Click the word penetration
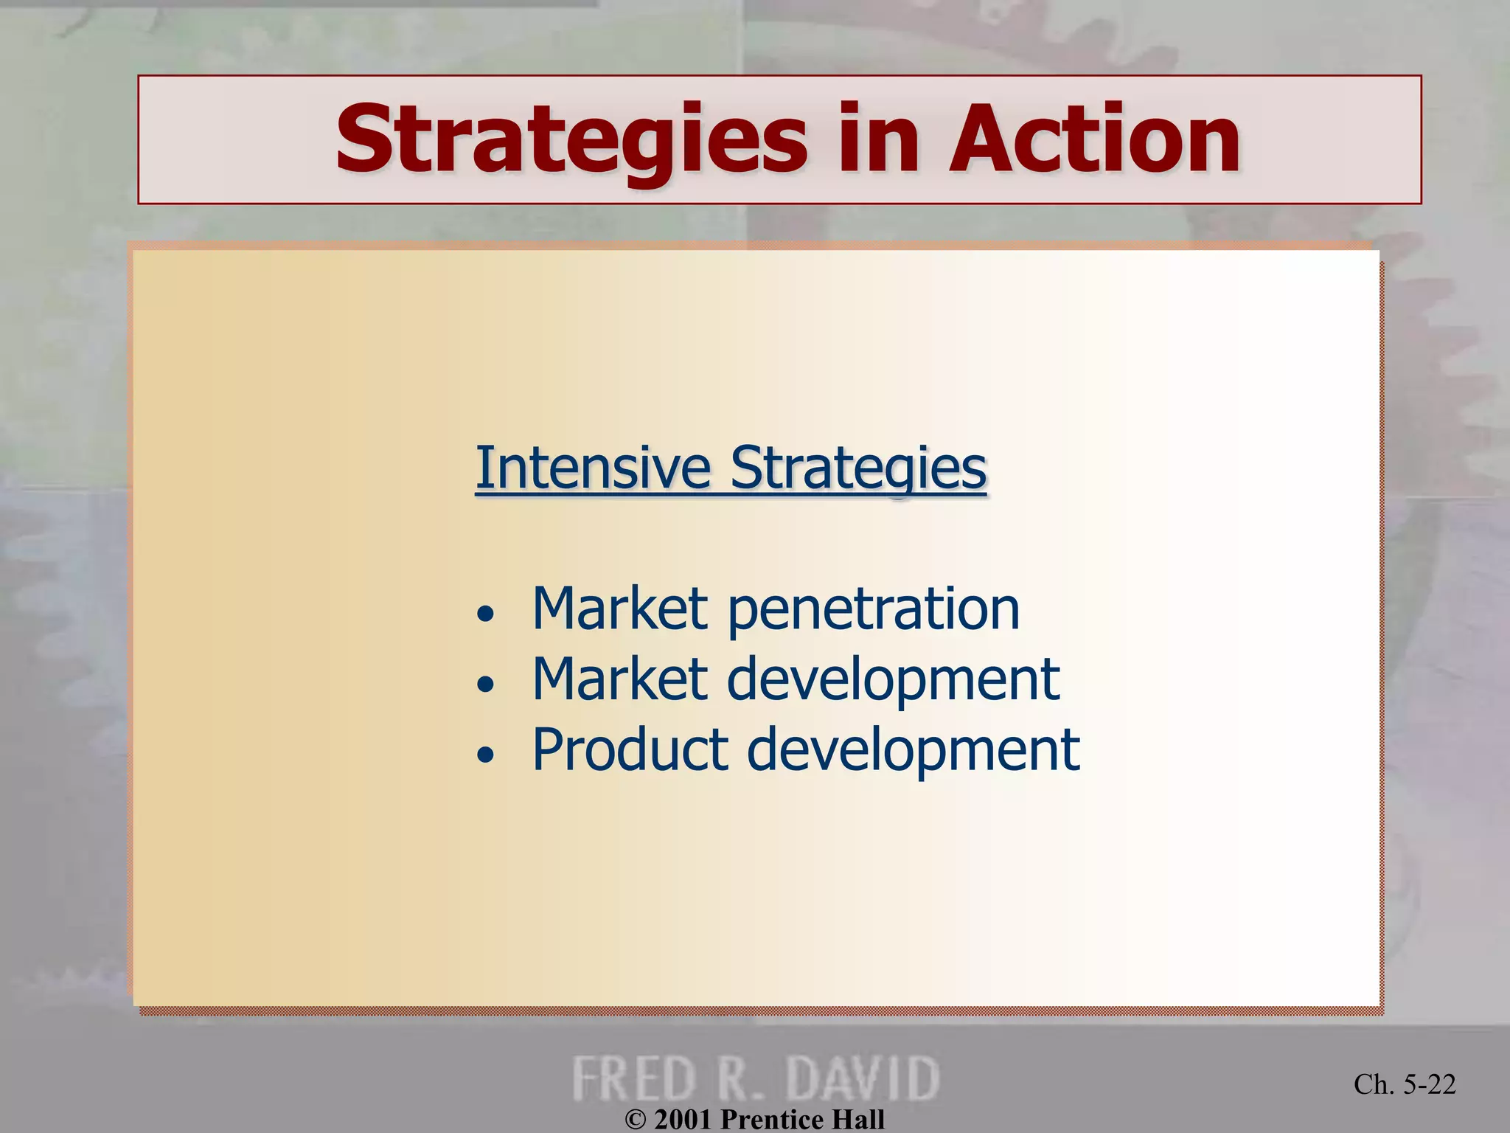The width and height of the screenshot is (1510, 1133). (874, 611)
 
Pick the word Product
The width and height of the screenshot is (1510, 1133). (630, 750)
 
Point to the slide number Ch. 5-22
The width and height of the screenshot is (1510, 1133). (1405, 1084)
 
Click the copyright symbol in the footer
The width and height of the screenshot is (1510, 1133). (636, 1120)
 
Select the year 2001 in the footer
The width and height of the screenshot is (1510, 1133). (683, 1120)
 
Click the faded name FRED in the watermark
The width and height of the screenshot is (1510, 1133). (634, 1078)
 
